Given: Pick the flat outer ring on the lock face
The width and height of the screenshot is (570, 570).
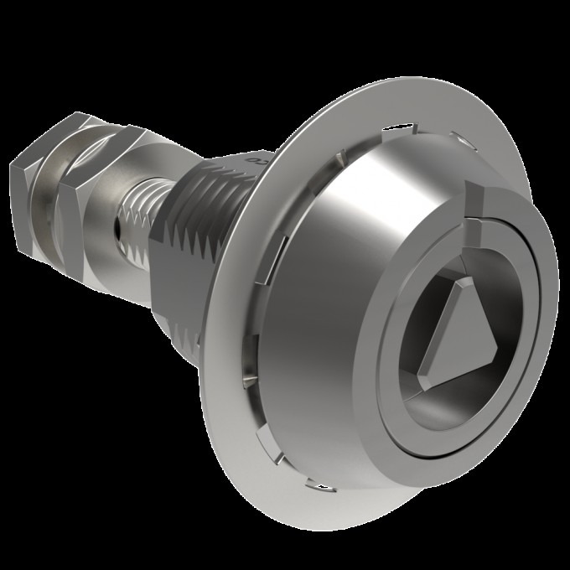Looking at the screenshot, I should [x=536, y=277].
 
